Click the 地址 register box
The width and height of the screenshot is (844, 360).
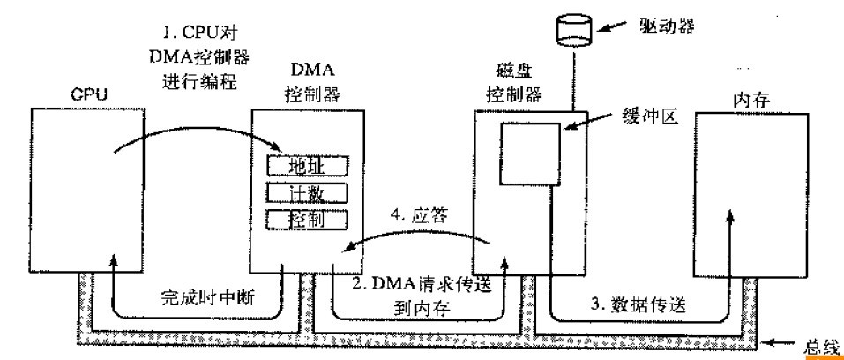click(x=307, y=165)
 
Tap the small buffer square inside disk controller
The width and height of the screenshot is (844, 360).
click(x=529, y=155)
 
